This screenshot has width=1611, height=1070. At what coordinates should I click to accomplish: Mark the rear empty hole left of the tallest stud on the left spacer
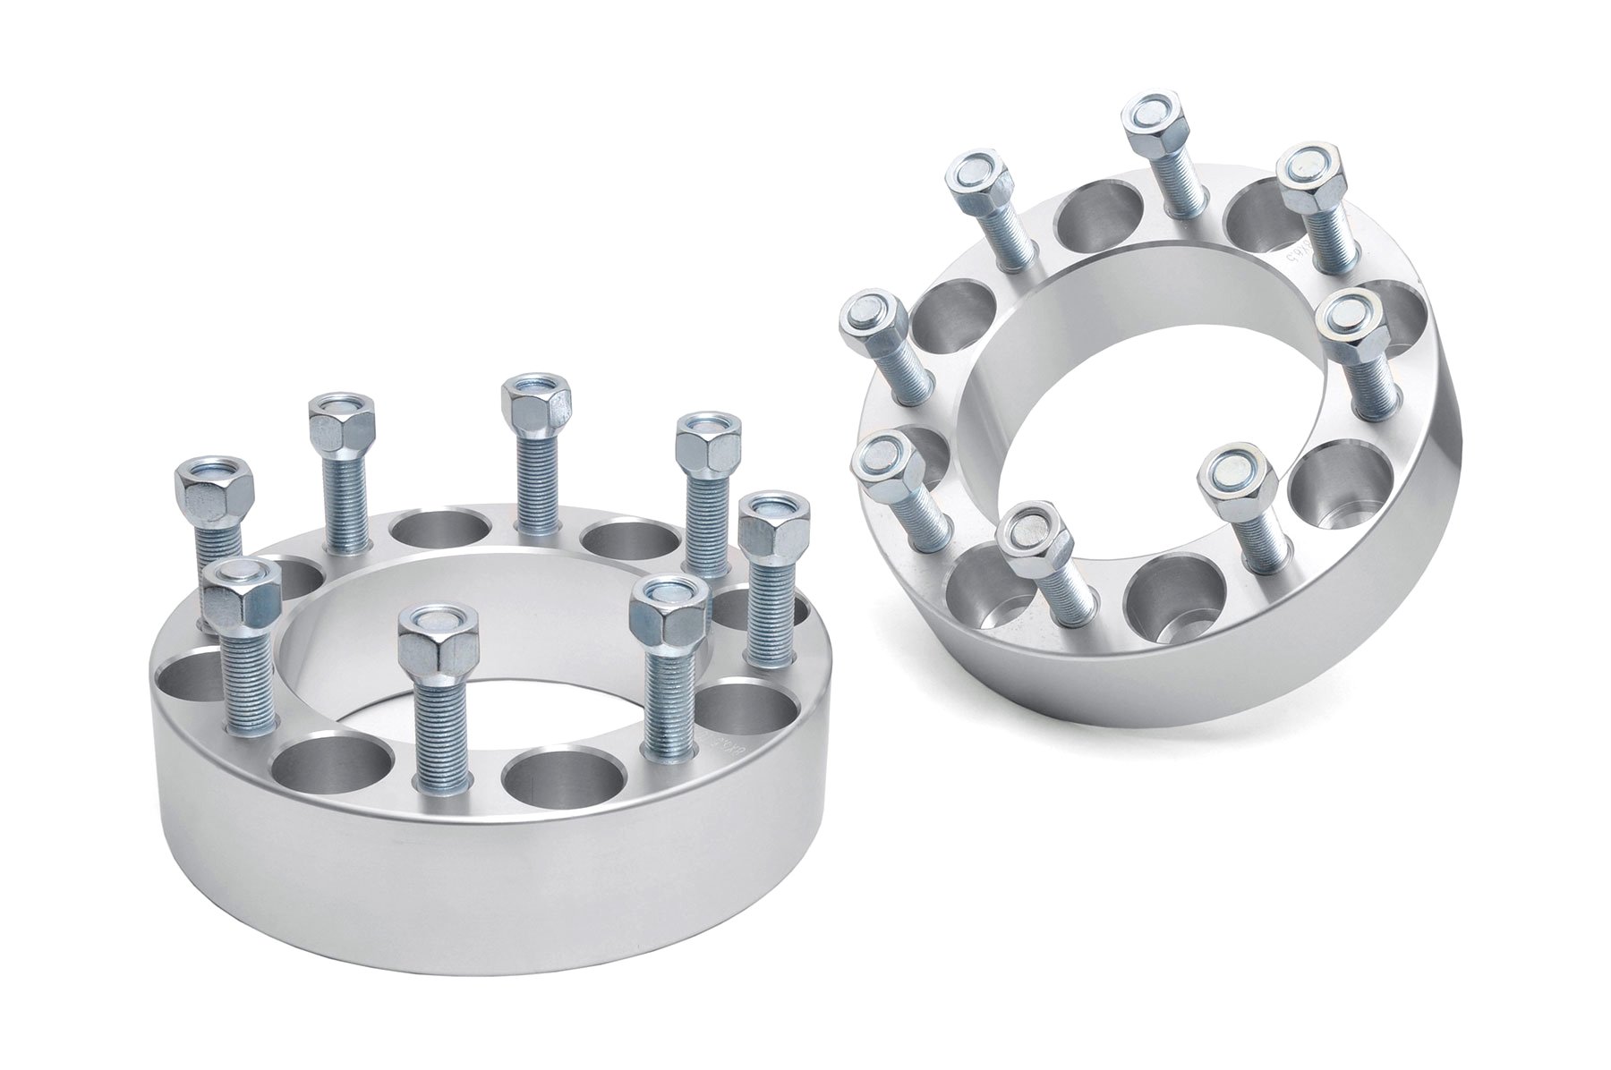tap(442, 531)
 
